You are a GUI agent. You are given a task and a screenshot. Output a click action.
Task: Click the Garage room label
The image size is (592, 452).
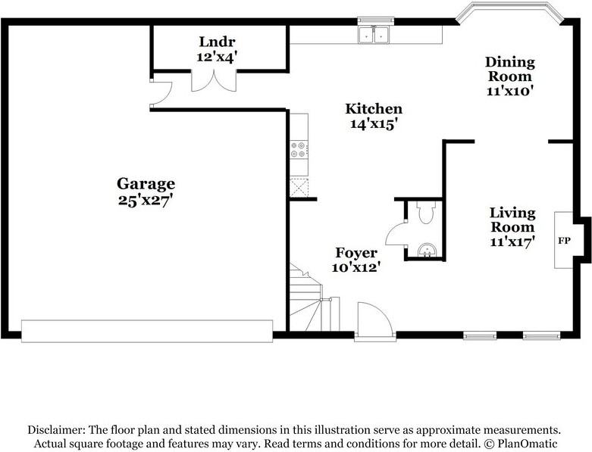pyautogui.click(x=146, y=184)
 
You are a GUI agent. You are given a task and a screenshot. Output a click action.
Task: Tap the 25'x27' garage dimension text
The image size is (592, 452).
pyautogui.click(x=146, y=200)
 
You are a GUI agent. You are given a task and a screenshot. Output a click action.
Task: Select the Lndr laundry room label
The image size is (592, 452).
pyautogui.click(x=217, y=41)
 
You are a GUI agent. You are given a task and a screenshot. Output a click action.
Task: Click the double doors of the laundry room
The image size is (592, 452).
pyautogui.click(x=214, y=80)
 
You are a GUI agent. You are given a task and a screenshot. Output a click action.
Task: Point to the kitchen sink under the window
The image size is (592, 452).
pyautogui.click(x=374, y=35)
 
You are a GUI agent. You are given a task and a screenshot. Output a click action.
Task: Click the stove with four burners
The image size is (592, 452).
pyautogui.click(x=299, y=149)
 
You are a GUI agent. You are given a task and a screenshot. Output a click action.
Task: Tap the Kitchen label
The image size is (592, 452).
pyautogui.click(x=374, y=108)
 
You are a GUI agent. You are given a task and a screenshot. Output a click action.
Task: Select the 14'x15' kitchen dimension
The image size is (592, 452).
pyautogui.click(x=374, y=123)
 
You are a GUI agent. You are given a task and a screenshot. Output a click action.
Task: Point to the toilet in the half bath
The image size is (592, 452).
pyautogui.click(x=427, y=212)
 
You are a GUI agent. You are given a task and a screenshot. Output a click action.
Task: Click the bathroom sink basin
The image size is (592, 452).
pyautogui.click(x=427, y=250)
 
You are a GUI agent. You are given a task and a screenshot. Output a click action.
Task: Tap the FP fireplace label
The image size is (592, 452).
pyautogui.click(x=564, y=241)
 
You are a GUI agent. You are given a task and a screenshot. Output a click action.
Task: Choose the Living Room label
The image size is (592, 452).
pyautogui.click(x=512, y=220)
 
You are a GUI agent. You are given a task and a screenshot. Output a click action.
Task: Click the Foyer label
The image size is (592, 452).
pyautogui.click(x=356, y=253)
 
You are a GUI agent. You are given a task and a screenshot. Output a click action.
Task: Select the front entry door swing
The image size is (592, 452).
pyautogui.click(x=375, y=319)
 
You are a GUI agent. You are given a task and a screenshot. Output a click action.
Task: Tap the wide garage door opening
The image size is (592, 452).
pyautogui.click(x=147, y=331)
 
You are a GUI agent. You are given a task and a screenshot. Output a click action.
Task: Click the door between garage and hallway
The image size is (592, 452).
pyautogui.click(x=161, y=92)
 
